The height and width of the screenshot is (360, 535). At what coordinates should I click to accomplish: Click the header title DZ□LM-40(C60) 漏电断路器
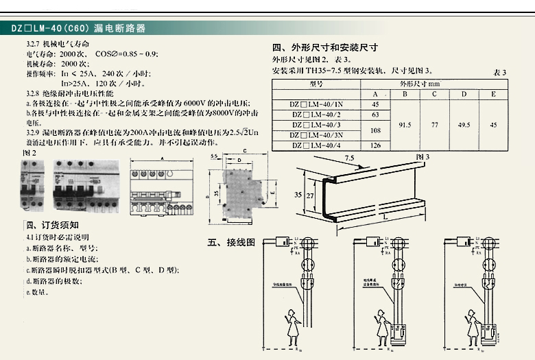pyautogui.click(x=79, y=29)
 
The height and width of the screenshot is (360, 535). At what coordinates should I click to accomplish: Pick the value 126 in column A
pyautogui.click(x=375, y=145)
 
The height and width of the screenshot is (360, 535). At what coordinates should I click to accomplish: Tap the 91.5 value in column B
pyautogui.click(x=405, y=125)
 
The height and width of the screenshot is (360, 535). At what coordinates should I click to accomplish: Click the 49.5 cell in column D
pyautogui.click(x=464, y=125)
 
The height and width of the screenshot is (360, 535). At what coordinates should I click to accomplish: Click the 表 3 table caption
pyautogui.click(x=499, y=72)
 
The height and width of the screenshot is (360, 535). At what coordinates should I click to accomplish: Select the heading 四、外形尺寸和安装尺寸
pyautogui.click(x=325, y=48)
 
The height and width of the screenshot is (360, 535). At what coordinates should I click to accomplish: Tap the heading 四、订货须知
pyautogui.click(x=52, y=225)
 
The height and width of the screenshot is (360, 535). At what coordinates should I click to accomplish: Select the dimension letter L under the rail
pyautogui.click(x=387, y=217)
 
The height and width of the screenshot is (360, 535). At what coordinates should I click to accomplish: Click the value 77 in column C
pyautogui.click(x=434, y=125)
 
